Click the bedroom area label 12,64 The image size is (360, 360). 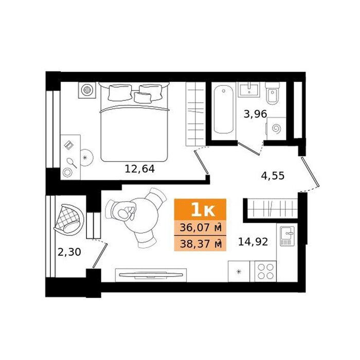click(139, 169)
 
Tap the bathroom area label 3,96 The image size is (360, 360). click(255, 114)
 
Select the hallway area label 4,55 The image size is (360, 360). click(273, 176)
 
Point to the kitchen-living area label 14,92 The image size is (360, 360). click(253, 242)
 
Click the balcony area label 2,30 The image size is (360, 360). click(69, 252)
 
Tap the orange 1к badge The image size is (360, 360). click(200, 210)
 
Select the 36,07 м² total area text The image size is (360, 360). click(200, 228)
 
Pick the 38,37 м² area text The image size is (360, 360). click(200, 244)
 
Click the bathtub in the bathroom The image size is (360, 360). click(224, 109)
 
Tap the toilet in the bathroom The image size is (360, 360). click(273, 94)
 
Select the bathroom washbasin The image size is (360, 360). click(249, 89)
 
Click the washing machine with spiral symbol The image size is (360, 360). click(276, 129)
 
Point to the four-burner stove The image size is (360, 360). click(265, 271)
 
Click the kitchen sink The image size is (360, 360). click(287, 236)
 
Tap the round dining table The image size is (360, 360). click(140, 215)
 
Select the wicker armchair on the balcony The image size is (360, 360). click(69, 220)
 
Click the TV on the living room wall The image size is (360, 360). click(151, 275)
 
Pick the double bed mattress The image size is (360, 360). click(135, 133)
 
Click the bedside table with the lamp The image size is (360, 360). click(87, 90)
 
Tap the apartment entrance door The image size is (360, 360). click(310, 172)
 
